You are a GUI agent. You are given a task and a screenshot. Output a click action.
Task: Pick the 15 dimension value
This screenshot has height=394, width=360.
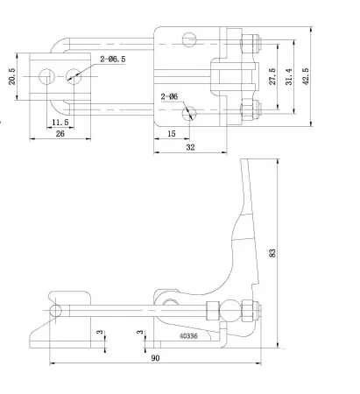[x=171, y=133]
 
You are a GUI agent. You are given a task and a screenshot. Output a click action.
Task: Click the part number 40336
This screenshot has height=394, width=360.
[x=189, y=334]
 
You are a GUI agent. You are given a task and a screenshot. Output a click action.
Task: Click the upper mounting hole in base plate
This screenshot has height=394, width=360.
[x=188, y=39]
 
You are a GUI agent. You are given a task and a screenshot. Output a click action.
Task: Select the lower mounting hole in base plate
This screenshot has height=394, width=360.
[x=187, y=111]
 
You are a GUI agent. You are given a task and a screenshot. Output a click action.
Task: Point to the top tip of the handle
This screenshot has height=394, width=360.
[x=246, y=161]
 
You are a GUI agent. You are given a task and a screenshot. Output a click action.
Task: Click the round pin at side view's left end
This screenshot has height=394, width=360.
[x=57, y=310]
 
